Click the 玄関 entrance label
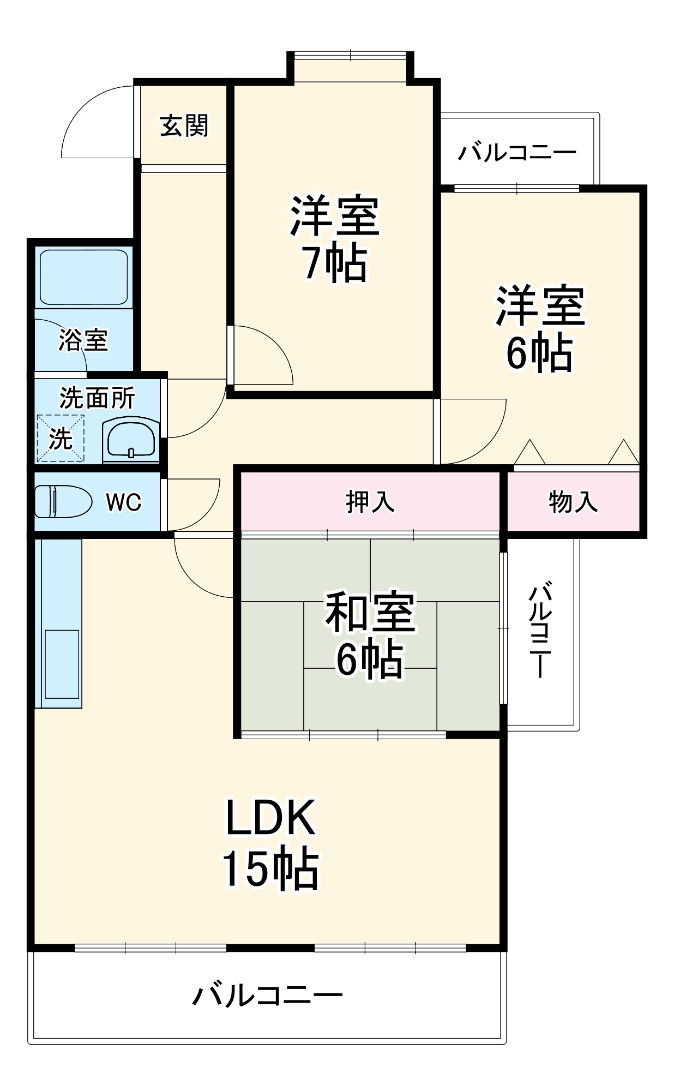(x=184, y=126)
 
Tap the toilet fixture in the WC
(x=63, y=501)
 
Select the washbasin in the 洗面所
(x=131, y=439)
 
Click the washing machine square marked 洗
(x=61, y=439)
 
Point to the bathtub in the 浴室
(x=83, y=277)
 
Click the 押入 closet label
(x=370, y=502)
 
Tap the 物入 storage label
(x=573, y=502)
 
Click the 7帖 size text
(x=335, y=264)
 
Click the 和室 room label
(x=370, y=612)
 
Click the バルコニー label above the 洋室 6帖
(x=516, y=152)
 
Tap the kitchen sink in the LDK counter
(x=62, y=664)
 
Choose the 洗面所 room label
(x=97, y=398)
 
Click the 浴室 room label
(x=83, y=340)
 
